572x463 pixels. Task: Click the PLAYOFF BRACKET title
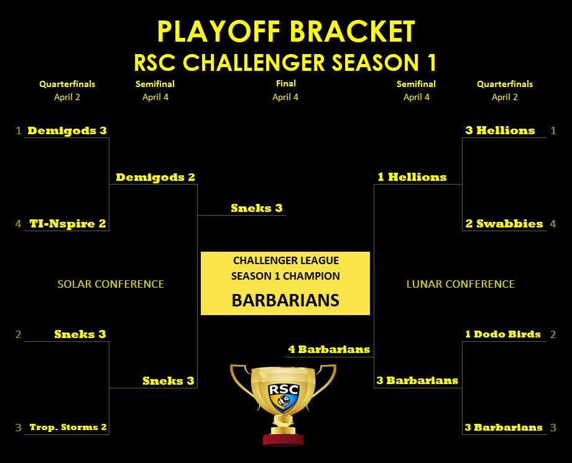(x=286, y=31)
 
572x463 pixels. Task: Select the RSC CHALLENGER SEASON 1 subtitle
(x=285, y=62)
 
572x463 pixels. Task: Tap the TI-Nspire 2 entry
(x=68, y=224)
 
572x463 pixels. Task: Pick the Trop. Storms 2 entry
(x=68, y=427)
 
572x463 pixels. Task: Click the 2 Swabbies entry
(x=504, y=224)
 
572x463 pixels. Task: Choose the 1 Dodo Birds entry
(x=503, y=334)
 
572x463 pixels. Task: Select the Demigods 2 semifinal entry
(x=155, y=177)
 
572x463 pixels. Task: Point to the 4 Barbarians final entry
(x=329, y=349)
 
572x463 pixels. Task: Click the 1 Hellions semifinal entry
(x=412, y=177)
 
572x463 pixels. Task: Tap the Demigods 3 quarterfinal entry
(x=67, y=131)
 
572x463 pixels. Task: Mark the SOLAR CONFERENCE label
(x=111, y=284)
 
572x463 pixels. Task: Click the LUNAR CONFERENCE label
(x=460, y=284)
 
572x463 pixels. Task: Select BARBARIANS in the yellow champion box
(x=285, y=300)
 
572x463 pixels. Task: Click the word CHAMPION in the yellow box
(x=311, y=276)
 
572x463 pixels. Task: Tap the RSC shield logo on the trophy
(x=284, y=397)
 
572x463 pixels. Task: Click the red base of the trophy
(x=283, y=439)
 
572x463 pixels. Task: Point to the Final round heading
(x=285, y=83)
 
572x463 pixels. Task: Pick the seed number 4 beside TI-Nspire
(x=18, y=224)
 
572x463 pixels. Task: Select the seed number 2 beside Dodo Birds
(x=553, y=334)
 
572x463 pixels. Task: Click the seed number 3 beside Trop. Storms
(x=18, y=428)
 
